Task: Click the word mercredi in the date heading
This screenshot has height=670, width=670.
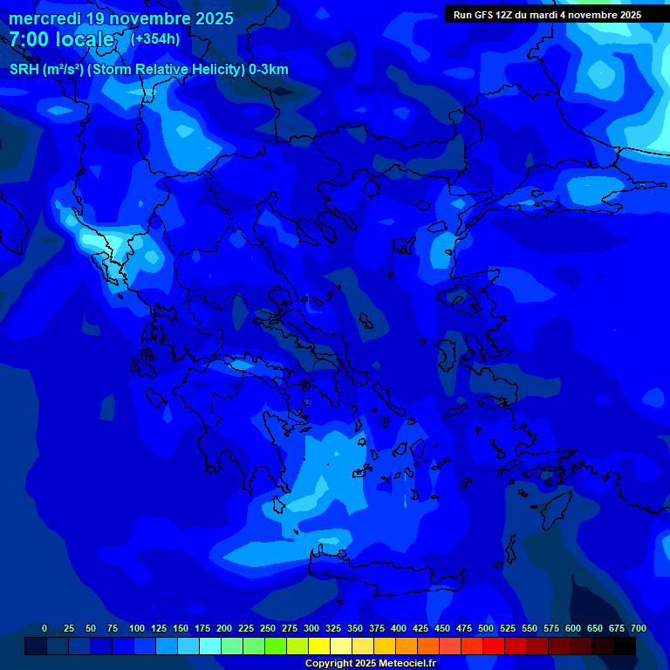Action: (x=44, y=18)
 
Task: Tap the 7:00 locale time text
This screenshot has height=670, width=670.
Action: (x=61, y=39)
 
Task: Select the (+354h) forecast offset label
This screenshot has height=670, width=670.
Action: (x=155, y=39)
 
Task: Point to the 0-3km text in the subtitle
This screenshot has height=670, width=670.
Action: (x=268, y=70)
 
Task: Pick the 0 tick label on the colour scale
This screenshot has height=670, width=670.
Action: (x=44, y=628)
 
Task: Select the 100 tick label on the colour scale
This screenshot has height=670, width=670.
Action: (x=136, y=628)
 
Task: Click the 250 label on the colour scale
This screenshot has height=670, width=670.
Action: (x=267, y=628)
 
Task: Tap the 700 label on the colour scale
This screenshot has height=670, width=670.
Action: (x=638, y=628)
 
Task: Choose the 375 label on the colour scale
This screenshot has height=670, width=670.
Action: (x=376, y=628)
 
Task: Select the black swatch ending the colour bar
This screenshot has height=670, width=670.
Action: (x=625, y=646)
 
